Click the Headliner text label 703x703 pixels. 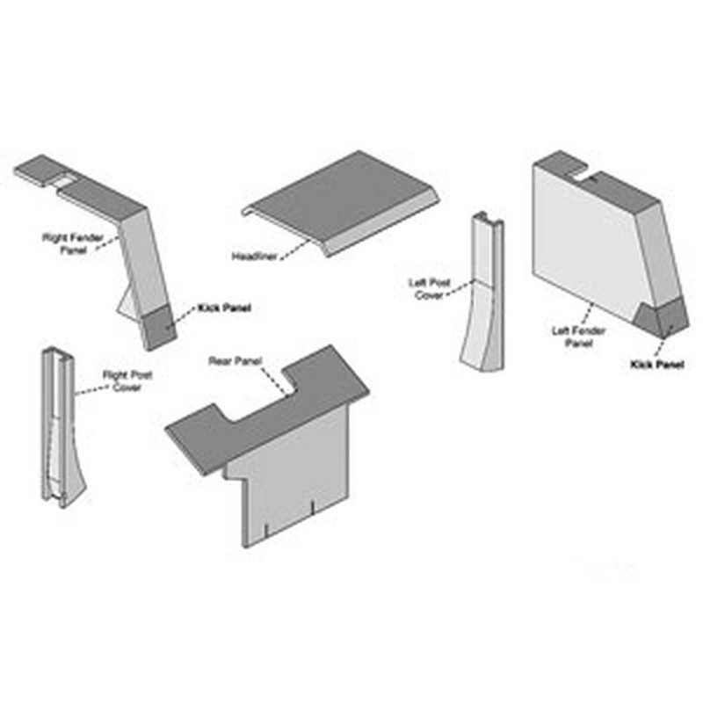254,257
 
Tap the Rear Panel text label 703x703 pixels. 235,361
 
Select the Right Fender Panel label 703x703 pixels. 73,244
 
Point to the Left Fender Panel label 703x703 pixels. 578,337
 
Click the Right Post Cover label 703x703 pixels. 127,381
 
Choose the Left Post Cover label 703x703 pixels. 429,289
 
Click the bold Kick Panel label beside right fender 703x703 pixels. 224,308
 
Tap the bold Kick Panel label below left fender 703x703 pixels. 656,365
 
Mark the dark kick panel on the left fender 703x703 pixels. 663,318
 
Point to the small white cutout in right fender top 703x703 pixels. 63,183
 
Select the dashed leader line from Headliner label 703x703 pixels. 295,248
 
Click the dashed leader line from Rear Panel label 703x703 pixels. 274,380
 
